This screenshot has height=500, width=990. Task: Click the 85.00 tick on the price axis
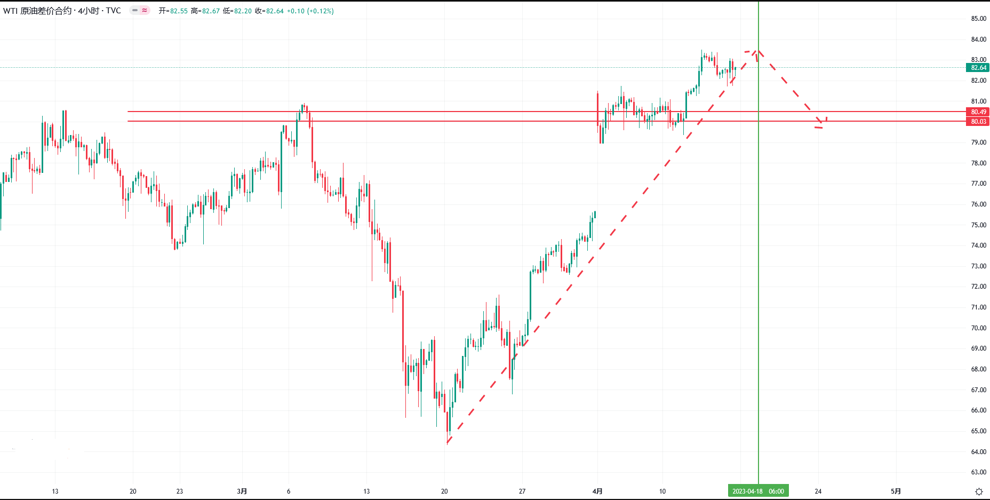(978, 19)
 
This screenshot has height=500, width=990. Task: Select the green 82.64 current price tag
(978, 68)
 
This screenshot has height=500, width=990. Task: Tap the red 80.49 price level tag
(978, 112)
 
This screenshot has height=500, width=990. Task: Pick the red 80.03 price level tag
(978, 122)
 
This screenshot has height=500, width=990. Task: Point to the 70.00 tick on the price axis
(978, 328)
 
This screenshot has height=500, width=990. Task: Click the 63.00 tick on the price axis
(978, 472)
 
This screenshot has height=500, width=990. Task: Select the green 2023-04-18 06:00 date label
(758, 491)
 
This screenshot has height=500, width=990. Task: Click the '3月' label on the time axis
(242, 491)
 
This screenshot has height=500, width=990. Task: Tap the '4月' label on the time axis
(597, 491)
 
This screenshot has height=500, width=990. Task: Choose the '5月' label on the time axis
(896, 491)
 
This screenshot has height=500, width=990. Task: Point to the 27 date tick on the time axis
(522, 491)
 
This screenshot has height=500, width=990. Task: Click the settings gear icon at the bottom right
(979, 492)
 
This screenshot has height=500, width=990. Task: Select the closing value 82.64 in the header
(275, 11)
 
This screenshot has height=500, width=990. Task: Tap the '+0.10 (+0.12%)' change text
(310, 11)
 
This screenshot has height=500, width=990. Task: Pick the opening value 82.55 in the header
(179, 11)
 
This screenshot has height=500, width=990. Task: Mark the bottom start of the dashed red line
(447, 443)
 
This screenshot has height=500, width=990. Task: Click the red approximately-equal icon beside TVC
(145, 10)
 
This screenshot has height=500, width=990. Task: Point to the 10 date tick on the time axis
(662, 491)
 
